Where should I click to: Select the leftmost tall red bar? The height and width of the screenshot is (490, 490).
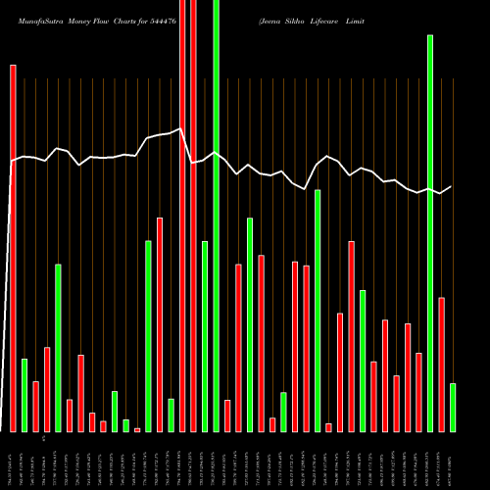tap(13, 245)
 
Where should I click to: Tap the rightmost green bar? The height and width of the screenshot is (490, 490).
tap(453, 407)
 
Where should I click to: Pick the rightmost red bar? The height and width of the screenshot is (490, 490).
tap(442, 364)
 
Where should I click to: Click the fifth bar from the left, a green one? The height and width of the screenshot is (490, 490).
tap(58, 347)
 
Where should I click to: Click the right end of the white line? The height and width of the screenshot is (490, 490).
tap(452, 186)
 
